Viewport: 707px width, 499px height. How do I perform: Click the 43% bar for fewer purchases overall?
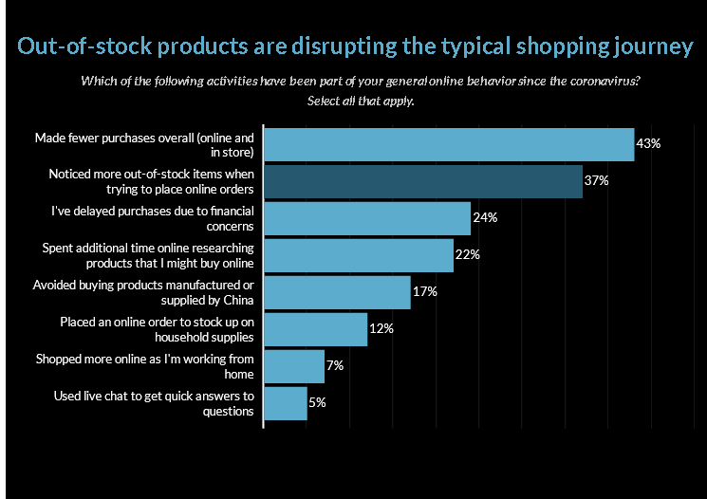click(448, 144)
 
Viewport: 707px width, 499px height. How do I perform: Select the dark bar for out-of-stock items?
click(422, 181)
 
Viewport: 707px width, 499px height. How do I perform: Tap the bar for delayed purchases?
click(366, 218)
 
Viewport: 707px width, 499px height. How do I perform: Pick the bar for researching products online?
click(358, 255)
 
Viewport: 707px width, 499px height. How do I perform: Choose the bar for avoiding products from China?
click(336, 292)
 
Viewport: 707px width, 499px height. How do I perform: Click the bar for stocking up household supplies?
click(315, 329)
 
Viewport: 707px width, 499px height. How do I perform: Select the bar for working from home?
click(293, 366)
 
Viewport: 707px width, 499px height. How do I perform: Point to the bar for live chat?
click(285, 403)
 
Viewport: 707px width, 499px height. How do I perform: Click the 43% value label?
click(648, 144)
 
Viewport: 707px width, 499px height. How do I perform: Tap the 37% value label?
click(597, 181)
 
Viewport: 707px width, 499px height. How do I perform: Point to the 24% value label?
click(485, 218)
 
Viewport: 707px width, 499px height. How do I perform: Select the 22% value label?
click(468, 255)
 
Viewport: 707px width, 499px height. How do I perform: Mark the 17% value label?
click(425, 292)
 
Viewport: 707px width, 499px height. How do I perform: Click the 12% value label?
click(381, 329)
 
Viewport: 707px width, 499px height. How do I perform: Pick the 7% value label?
click(335, 366)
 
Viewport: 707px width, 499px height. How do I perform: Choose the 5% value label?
click(318, 403)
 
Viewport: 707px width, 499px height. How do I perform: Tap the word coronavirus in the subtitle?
click(605, 81)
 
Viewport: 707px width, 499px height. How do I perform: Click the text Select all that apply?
click(360, 100)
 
